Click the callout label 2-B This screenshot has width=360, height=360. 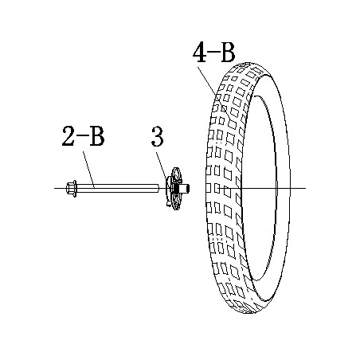click(x=83, y=136)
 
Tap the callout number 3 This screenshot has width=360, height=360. click(x=158, y=136)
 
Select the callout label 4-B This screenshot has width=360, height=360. click(x=214, y=53)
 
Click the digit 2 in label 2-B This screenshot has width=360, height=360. click(x=68, y=136)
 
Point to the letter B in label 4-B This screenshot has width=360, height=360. click(x=228, y=53)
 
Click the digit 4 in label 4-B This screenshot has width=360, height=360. click(x=199, y=53)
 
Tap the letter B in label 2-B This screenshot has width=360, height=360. click(x=97, y=136)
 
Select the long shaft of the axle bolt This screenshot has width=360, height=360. click(x=118, y=189)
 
